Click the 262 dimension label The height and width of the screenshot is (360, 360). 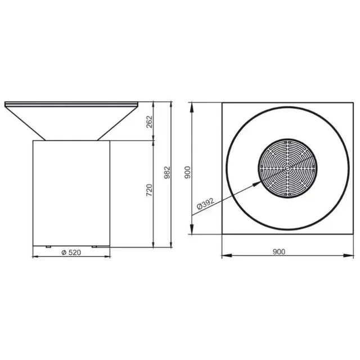150,121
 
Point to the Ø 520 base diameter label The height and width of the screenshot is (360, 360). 71,252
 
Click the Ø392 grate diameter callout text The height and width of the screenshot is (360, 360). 205,206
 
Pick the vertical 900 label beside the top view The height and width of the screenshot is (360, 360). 187,171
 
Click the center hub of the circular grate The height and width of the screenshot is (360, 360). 287,167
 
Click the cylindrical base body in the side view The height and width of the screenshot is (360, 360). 71,191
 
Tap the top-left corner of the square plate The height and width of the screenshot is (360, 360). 222,103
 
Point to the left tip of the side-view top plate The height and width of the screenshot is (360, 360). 5,104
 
